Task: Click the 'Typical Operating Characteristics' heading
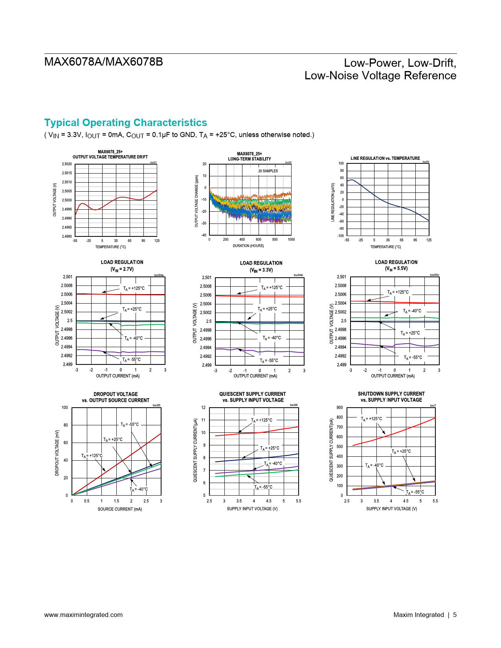(125, 123)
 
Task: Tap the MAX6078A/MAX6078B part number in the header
(103, 62)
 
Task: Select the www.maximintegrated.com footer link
(83, 615)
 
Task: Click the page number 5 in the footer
(455, 615)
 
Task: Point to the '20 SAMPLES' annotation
(268, 171)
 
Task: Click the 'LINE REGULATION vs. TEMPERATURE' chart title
(385, 158)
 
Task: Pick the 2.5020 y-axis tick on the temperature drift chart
(67, 164)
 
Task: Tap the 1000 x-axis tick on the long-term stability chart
(291, 240)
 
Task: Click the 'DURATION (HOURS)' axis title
(248, 246)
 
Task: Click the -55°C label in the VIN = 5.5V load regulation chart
(413, 357)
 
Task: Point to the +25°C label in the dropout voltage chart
(113, 439)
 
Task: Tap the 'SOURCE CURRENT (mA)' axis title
(120, 509)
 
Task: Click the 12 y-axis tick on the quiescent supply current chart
(204, 408)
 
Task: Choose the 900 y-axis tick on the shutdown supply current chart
(340, 408)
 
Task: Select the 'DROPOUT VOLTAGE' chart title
(116, 394)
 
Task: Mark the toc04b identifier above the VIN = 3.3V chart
(298, 275)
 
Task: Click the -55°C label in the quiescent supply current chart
(263, 487)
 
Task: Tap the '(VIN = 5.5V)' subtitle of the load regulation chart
(396, 269)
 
